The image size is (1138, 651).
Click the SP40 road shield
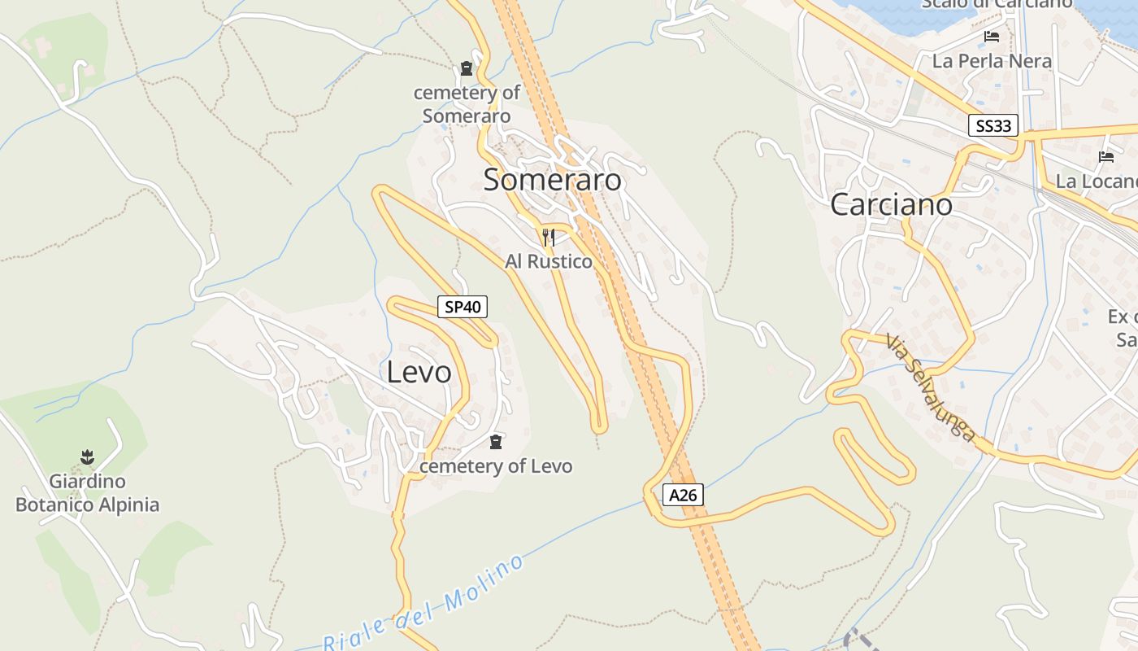click(x=463, y=307)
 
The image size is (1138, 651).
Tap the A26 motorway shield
click(x=682, y=495)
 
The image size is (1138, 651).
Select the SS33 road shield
click(x=993, y=125)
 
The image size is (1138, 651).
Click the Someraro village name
click(x=552, y=180)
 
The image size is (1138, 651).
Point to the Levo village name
click(x=419, y=372)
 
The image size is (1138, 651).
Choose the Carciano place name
click(x=891, y=204)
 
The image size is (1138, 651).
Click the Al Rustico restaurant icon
click(x=549, y=238)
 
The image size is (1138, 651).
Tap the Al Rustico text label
click(x=549, y=261)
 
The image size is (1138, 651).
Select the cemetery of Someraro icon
click(x=467, y=68)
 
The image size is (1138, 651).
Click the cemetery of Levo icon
click(x=496, y=442)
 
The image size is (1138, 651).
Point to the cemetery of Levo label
click(x=496, y=466)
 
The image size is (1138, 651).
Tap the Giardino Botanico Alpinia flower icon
click(x=87, y=457)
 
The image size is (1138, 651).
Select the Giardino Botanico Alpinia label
click(x=87, y=493)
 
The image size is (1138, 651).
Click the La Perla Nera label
click(x=992, y=61)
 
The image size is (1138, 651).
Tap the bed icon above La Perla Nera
click(x=991, y=37)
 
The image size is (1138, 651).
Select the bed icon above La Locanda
click(x=1105, y=157)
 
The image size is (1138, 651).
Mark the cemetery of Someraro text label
click(x=467, y=104)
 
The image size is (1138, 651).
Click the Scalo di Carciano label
click(x=997, y=4)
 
